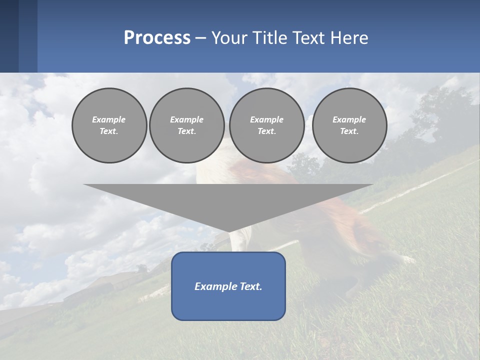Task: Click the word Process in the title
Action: click(157, 38)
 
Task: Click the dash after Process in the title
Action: click(200, 38)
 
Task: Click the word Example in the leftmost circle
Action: click(109, 119)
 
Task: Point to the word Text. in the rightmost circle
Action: click(349, 131)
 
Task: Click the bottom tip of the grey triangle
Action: click(228, 231)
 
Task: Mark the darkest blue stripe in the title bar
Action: click(9, 36)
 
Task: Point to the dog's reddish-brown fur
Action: click(345, 220)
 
